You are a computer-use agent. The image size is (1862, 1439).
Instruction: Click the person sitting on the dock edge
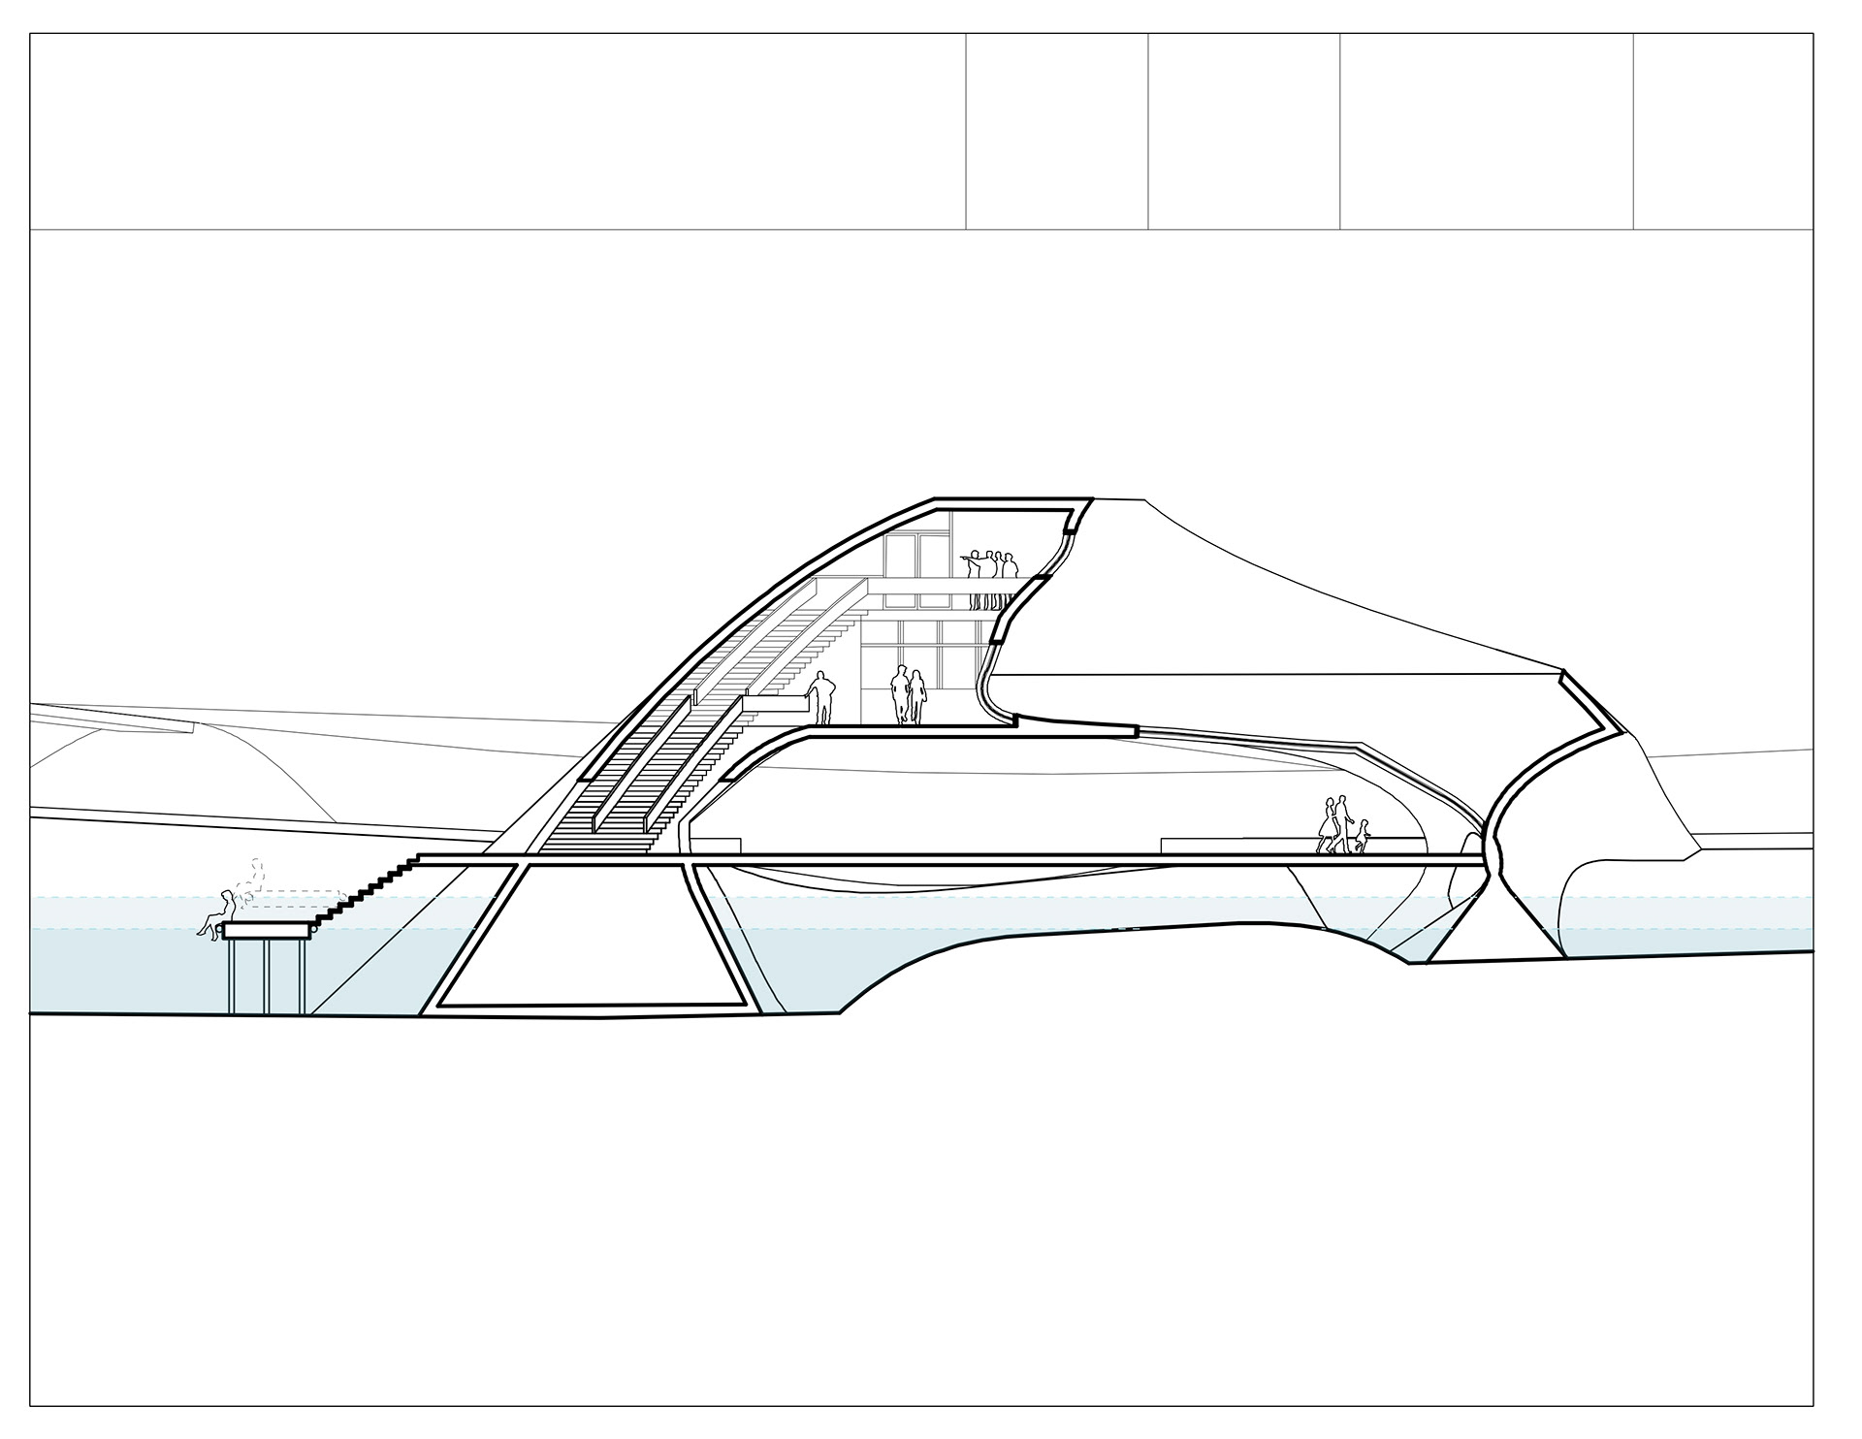[220, 914]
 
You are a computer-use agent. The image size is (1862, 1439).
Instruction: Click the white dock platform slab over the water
[266, 930]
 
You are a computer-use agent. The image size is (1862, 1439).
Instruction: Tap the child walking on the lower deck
[1363, 836]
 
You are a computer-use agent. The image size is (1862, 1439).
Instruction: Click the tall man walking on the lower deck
[1342, 823]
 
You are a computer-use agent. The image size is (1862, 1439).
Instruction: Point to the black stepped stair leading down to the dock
[369, 887]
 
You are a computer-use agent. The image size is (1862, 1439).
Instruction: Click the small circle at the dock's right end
[312, 929]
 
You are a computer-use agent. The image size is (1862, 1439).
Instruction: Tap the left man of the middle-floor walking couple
[900, 694]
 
